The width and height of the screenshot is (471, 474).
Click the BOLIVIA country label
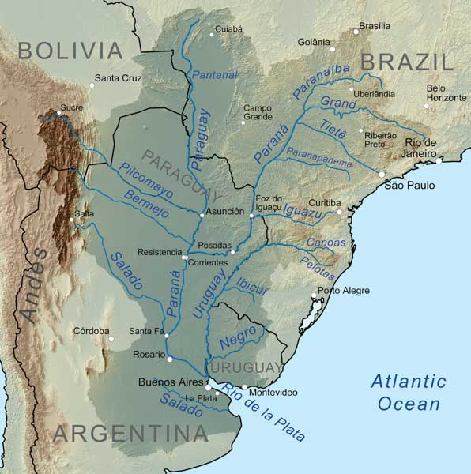[71, 51]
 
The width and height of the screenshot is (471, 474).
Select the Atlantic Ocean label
[409, 393]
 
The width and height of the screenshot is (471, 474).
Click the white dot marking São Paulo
[382, 175]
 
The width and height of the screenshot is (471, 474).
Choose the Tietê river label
[333, 129]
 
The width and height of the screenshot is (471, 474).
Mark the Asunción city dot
[202, 213]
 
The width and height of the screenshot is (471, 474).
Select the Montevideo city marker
[245, 387]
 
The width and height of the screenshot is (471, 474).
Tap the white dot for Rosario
[169, 359]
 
